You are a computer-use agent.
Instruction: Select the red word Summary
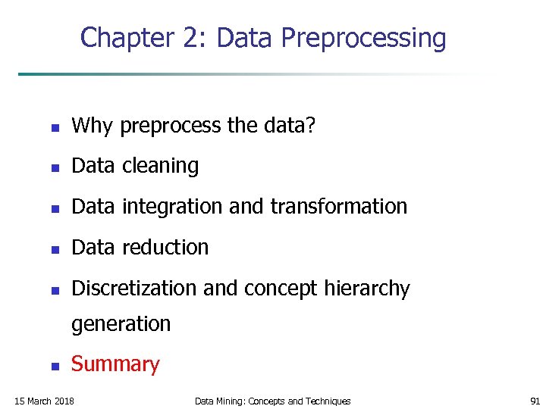(115, 364)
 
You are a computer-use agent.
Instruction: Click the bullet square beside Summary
(54, 366)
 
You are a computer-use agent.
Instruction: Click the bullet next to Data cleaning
(54, 167)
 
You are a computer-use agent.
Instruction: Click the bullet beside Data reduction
(54, 249)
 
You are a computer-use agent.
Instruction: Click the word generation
(121, 324)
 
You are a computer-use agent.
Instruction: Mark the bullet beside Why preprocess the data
(54, 126)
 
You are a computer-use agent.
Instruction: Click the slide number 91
(534, 401)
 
